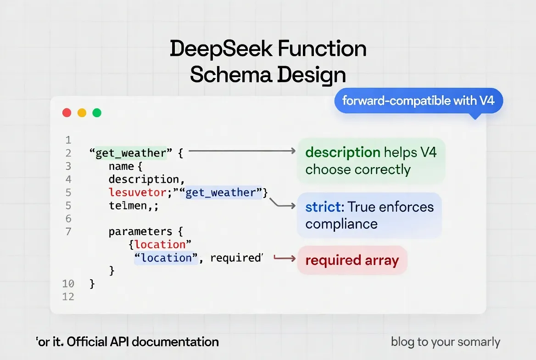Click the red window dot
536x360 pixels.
(67, 112)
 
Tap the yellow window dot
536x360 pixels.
(82, 112)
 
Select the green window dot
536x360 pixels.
(97, 112)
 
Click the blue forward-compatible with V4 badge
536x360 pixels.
(418, 100)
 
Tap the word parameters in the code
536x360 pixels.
(140, 231)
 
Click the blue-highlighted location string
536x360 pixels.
(166, 258)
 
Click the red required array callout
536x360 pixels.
(352, 260)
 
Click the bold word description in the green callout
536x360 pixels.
(343, 152)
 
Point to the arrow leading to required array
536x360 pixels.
(285, 259)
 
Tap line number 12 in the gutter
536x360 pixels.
(68, 297)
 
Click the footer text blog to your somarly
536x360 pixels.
(445, 342)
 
